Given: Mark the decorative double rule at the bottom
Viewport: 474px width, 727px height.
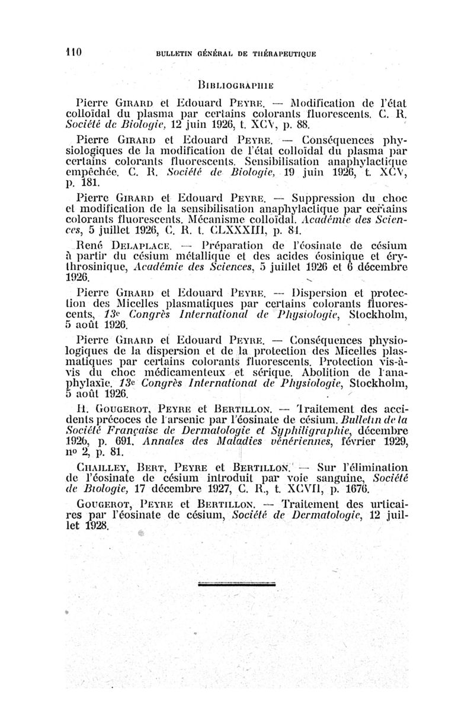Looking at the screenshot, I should (236, 584).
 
